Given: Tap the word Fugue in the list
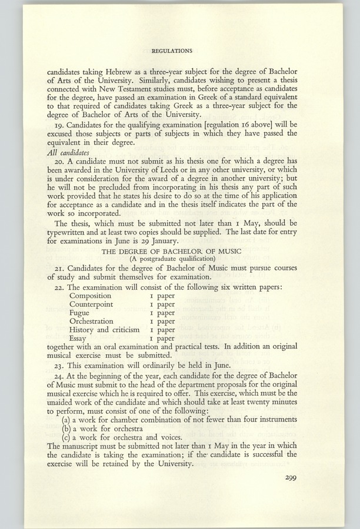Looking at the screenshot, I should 81,313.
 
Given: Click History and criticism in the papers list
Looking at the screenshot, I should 105,330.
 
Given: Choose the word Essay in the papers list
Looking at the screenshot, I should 79,339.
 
